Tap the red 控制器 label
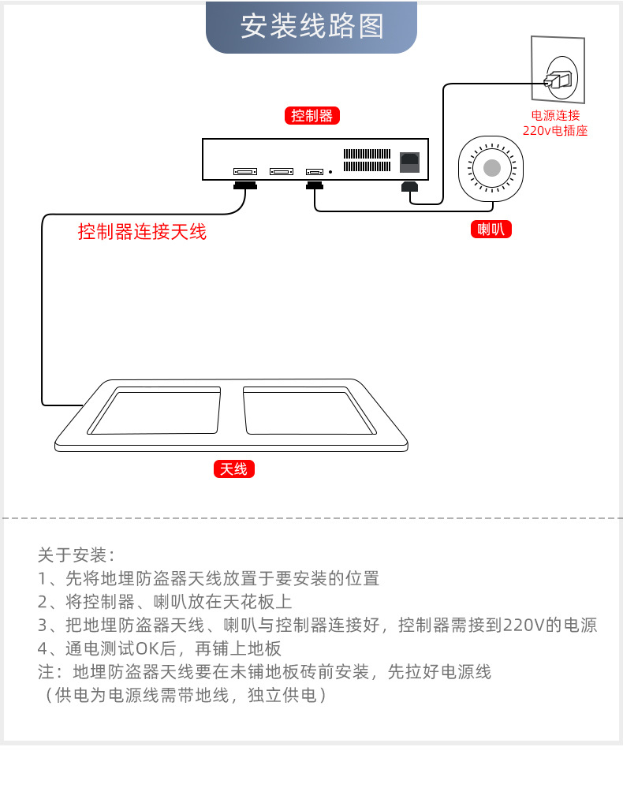click(311, 116)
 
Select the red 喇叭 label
click(491, 230)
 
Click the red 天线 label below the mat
click(233, 469)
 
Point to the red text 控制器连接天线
click(142, 232)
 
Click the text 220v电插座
click(555, 131)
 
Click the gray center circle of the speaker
click(491, 167)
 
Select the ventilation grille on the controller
click(367, 160)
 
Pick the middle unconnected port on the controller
click(281, 171)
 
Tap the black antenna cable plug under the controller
click(245, 186)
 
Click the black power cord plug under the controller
click(410, 188)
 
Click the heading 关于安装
click(76, 555)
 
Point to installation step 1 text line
click(208, 578)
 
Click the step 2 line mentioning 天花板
click(165, 602)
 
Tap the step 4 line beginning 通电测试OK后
click(159, 649)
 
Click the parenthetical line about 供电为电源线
click(183, 696)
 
